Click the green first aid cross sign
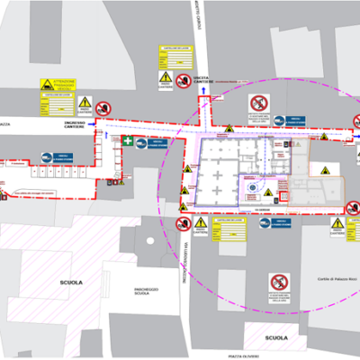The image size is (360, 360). point(130,141)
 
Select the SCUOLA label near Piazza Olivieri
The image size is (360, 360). point(276,337)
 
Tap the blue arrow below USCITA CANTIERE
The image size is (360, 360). point(204,91)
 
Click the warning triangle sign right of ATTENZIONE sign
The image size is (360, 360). point(85,103)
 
